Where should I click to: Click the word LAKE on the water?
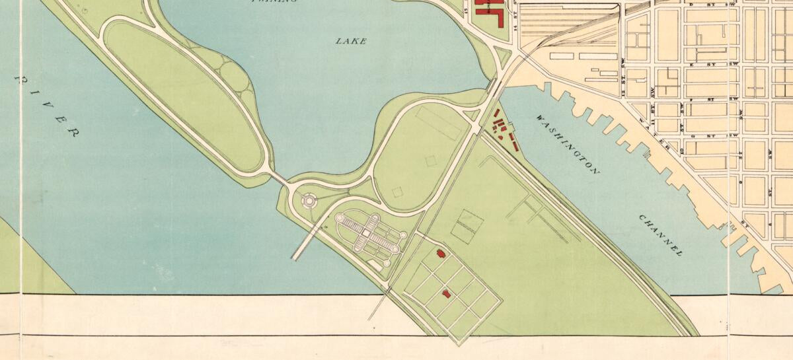351,41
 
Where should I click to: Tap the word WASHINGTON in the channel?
568,144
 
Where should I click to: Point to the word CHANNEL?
660,234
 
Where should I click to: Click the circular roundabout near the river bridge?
308,199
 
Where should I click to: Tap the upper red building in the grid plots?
440,253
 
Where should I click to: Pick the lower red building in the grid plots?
446,293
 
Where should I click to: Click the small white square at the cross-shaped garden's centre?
365,233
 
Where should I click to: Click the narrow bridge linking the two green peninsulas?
280,178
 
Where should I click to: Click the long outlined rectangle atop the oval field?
439,124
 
